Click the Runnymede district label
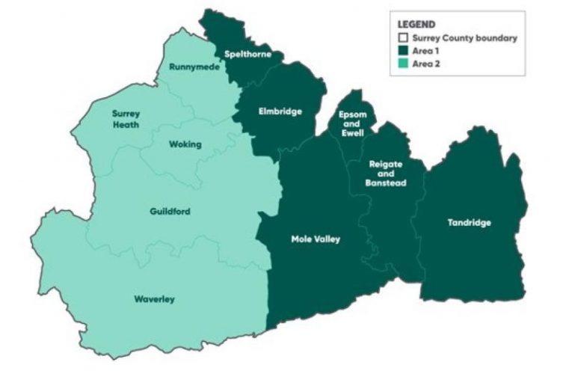pos(188,67)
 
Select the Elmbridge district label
pos(280,111)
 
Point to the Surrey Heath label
pos(126,119)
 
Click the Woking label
pos(185,144)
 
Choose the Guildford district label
pos(170,212)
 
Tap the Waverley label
pos(154,299)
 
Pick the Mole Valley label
pos(316,239)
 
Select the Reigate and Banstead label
pos(386,173)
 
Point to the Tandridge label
pos(470,223)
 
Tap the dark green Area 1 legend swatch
pos(403,50)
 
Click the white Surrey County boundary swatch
pos(403,37)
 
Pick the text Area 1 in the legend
pos(425,50)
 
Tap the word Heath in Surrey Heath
pos(126,124)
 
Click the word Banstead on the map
pos(386,183)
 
